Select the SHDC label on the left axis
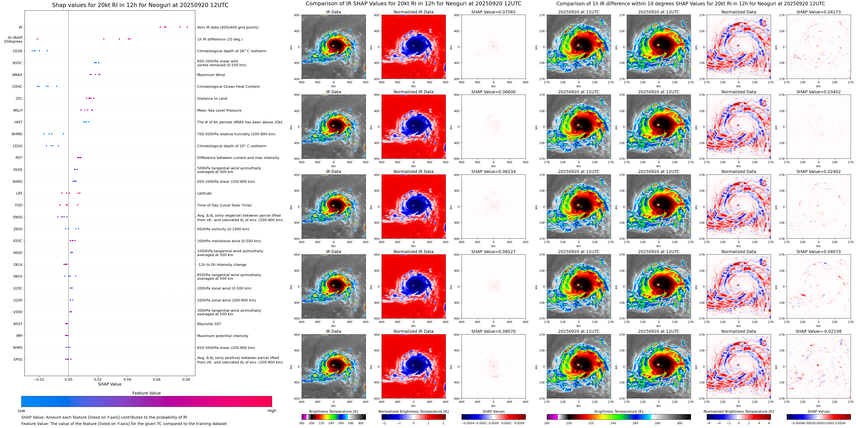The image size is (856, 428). click(x=17, y=63)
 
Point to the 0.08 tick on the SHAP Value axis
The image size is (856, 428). click(x=186, y=379)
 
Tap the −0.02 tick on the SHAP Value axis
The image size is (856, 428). click(x=39, y=379)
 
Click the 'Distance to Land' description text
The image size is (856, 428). click(x=212, y=99)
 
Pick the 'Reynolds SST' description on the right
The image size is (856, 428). click(x=209, y=324)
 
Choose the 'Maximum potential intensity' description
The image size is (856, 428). click(x=223, y=336)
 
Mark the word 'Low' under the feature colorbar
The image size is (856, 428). click(x=21, y=411)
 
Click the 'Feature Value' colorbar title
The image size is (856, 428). click(x=146, y=393)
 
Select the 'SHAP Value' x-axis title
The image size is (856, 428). click(x=109, y=384)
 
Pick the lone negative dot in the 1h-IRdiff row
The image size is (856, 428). click(x=37, y=39)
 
